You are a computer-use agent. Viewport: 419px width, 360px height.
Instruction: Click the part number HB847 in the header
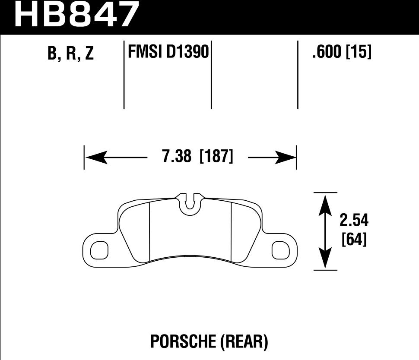(x=77, y=15)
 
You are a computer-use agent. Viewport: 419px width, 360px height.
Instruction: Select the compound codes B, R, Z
(x=71, y=54)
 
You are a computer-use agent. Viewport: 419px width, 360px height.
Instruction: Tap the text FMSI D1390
(x=168, y=53)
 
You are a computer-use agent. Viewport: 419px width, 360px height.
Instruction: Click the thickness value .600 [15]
(x=341, y=53)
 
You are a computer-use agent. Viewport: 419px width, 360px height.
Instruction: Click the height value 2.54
(x=354, y=221)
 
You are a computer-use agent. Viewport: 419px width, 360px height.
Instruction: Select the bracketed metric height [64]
(x=354, y=240)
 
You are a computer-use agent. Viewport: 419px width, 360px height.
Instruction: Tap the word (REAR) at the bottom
(x=244, y=342)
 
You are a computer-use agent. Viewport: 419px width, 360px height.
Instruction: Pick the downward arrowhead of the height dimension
(x=325, y=259)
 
